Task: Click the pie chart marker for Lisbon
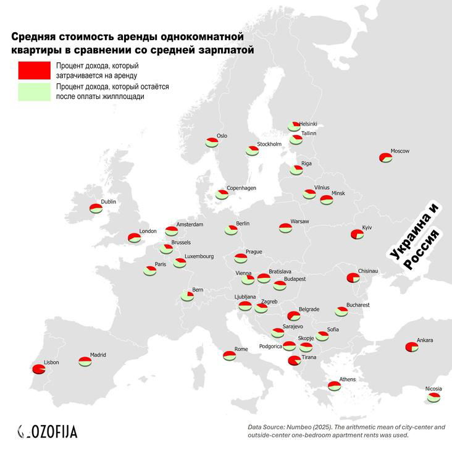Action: [x=38, y=369]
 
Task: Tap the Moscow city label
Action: [x=400, y=151]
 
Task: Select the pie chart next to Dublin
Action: [x=96, y=208]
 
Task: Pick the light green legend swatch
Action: [x=34, y=91]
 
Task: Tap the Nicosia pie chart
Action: [x=434, y=397]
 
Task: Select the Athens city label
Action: [x=348, y=379]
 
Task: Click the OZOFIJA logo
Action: [x=48, y=431]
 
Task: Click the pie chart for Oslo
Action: [x=212, y=142]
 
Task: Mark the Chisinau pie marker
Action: [x=353, y=277]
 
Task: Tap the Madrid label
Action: [x=98, y=355]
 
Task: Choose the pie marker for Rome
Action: [x=229, y=355]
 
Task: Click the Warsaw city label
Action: [x=299, y=221]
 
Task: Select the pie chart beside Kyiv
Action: [x=356, y=234]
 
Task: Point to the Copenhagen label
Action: [x=241, y=188]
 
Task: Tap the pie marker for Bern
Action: [x=187, y=296]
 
